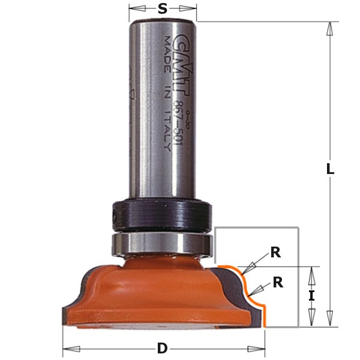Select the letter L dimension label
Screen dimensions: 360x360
(330, 169)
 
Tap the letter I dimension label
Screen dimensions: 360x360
(311, 295)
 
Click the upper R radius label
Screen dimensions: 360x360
(275, 253)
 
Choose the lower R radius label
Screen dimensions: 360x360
(278, 281)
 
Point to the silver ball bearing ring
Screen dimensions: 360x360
(160, 244)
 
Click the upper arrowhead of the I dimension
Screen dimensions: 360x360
(311, 274)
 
